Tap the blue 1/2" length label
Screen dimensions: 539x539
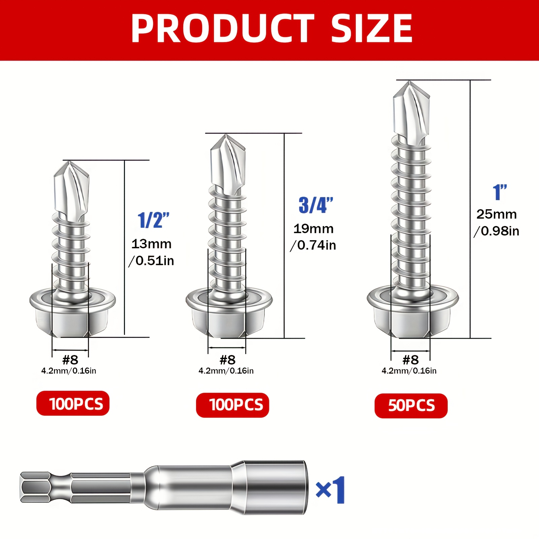point(154,221)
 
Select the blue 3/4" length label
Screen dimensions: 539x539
point(316,205)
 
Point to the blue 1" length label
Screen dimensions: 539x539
point(500,192)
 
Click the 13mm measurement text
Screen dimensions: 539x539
point(151,244)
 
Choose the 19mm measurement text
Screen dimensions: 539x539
point(313,229)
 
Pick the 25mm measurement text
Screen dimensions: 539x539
point(497,214)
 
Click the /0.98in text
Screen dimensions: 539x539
point(497,231)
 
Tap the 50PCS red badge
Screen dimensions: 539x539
point(411,406)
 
